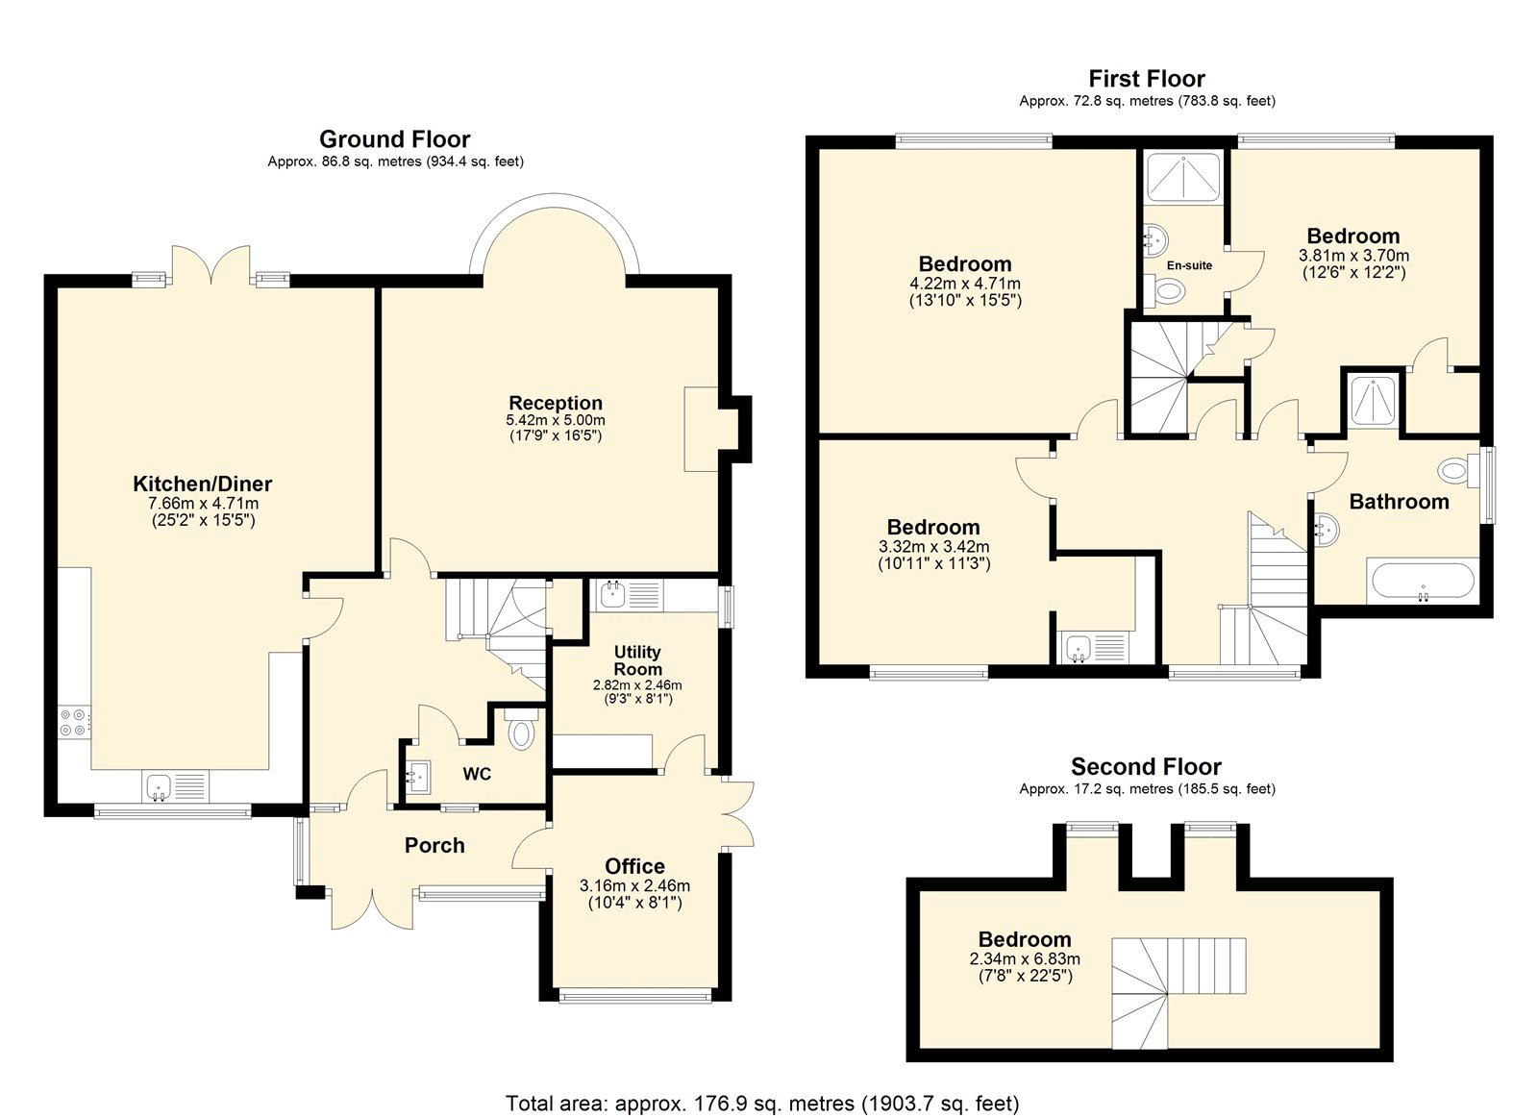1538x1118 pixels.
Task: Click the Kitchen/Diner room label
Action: pos(202,484)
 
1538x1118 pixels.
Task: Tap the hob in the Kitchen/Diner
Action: pos(75,721)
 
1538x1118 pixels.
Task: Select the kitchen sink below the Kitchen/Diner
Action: pos(175,786)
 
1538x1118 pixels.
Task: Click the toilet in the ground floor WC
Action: pos(521,733)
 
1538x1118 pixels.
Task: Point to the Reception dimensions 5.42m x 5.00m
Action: pos(556,420)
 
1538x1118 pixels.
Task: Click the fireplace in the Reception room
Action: pos(702,429)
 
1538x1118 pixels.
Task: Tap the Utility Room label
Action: pos(637,660)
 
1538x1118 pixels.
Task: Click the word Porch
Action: pos(434,846)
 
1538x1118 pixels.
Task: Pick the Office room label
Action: pos(634,866)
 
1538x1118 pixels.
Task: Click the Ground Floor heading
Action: pos(394,139)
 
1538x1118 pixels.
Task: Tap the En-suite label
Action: pos(1189,265)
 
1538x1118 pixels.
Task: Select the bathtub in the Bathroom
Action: pos(1422,582)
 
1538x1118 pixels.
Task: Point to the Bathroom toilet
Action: pos(1455,471)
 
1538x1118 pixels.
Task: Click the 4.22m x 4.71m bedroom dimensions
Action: pos(964,284)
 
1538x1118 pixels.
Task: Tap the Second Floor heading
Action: pos(1146,767)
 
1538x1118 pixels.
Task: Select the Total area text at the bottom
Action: pos(761,1104)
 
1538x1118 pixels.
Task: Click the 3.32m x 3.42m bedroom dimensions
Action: pos(932,547)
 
